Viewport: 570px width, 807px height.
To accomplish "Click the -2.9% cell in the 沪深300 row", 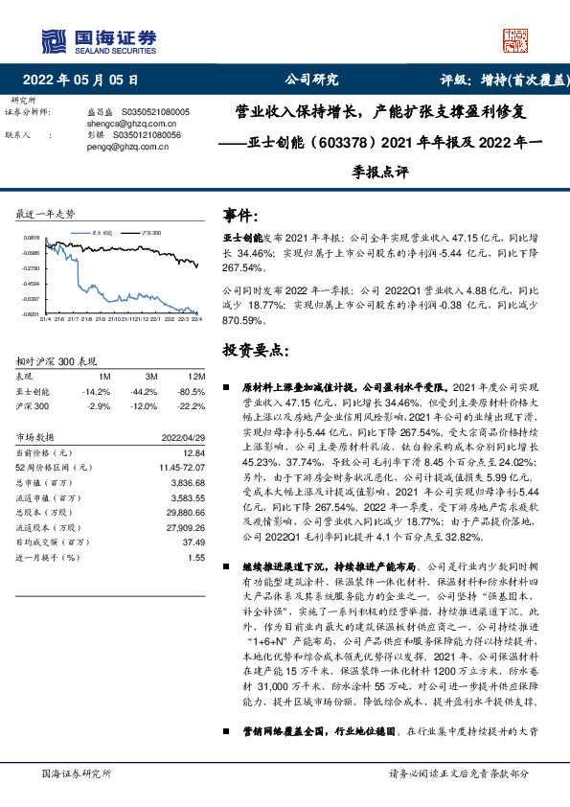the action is click(99, 405).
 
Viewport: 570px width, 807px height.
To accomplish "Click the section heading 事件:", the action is click(239, 215).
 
